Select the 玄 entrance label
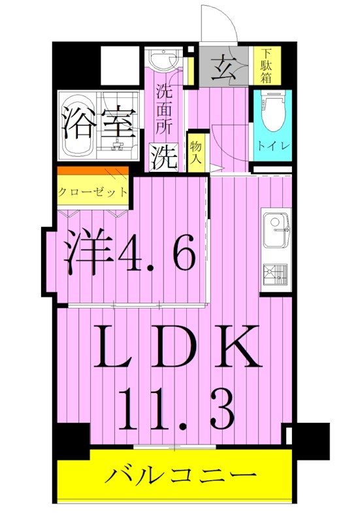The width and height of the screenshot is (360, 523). [x=225, y=67]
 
